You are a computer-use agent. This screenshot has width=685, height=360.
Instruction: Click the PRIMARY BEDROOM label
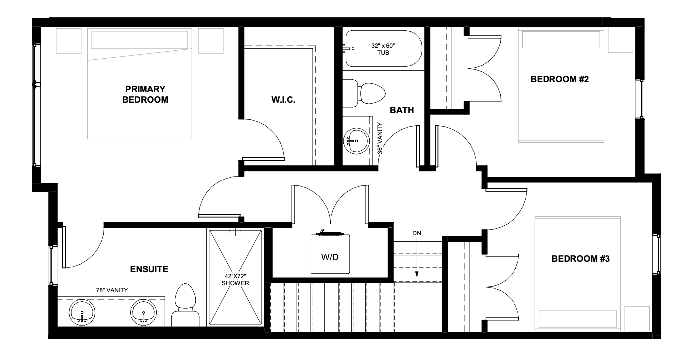pos(145,94)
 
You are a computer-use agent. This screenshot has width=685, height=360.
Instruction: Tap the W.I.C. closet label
pos(283,100)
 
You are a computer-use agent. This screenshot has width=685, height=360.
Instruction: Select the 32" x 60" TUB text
pos(383,49)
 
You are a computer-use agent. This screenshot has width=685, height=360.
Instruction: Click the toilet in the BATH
pos(364,93)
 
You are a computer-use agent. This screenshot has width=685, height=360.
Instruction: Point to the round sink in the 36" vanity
pos(356,141)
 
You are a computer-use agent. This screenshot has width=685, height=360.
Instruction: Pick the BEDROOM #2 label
pos(560,79)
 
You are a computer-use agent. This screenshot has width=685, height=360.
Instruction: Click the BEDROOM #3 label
pos(580,259)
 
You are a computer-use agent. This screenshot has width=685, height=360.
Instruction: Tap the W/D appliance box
pos(330,254)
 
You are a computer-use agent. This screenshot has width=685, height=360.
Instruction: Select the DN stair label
pos(417,233)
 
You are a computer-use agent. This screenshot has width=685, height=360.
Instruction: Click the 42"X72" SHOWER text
pos(235,280)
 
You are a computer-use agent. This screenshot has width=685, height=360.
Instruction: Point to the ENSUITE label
pos(149,269)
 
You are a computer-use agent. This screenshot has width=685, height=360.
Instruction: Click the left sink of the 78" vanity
pos(82,312)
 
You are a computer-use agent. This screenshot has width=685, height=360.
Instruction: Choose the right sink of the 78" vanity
pos(143,312)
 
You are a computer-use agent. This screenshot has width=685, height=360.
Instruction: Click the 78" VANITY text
pos(112,290)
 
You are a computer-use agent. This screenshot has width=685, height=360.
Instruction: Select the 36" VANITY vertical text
pos(380,138)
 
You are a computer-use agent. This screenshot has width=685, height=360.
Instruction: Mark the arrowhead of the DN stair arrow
pos(417,274)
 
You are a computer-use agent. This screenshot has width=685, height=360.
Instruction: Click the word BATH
pos(402,110)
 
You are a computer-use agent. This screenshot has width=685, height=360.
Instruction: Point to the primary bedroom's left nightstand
pos(68,41)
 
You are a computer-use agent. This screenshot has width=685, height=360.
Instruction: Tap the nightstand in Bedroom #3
pos(637,319)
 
